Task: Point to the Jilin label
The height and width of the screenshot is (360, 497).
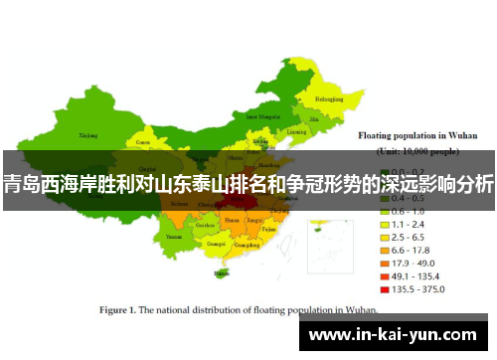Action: coord(317,118)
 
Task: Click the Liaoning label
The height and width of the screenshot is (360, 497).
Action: coord(297,131)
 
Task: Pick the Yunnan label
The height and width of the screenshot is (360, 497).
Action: coord(175,238)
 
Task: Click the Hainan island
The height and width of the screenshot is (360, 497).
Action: coord(220,270)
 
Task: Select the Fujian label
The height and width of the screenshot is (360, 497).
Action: coord(269,229)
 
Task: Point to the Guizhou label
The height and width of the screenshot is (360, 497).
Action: coord(205,225)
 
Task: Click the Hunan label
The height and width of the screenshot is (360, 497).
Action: coord(232,219)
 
